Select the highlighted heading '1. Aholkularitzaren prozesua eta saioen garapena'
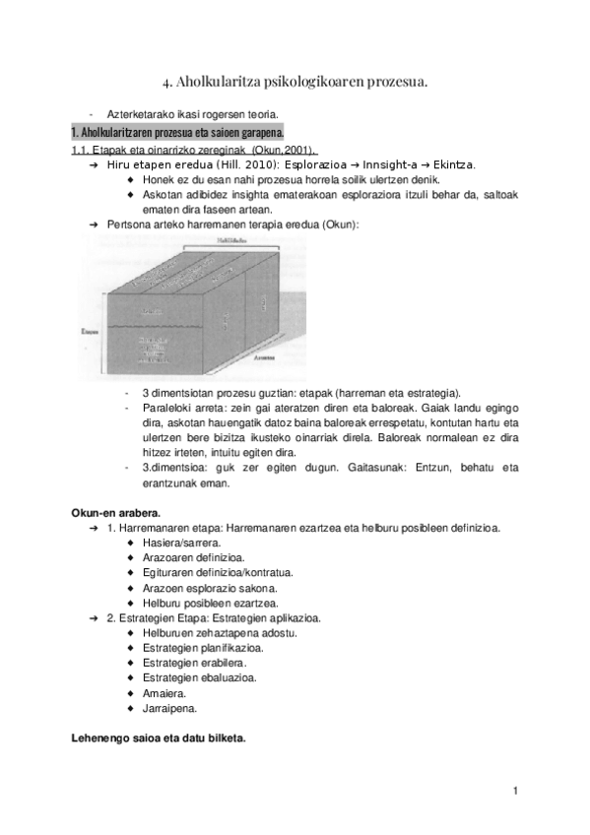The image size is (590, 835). (x=177, y=132)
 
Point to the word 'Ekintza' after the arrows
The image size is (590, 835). (x=450, y=165)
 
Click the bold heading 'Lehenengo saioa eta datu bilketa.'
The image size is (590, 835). (x=158, y=738)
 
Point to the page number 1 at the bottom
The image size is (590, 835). (x=515, y=791)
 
